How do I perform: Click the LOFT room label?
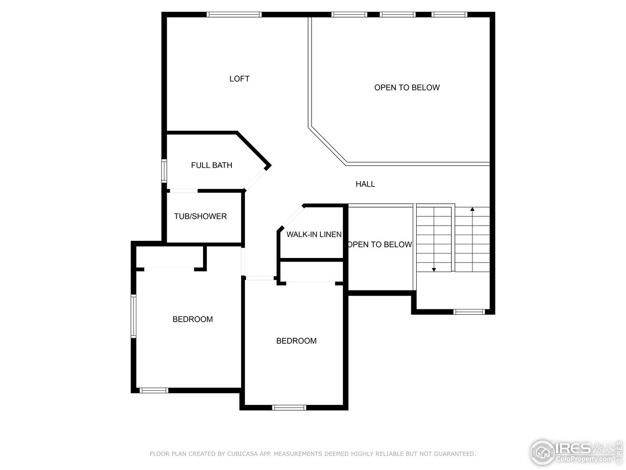[x=239, y=79]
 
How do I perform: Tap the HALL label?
[x=365, y=184]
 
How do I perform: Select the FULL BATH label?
[x=211, y=165]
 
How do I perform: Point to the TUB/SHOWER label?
[x=200, y=216]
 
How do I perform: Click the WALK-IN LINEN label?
[x=313, y=235]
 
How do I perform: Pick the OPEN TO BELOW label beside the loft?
[x=406, y=88]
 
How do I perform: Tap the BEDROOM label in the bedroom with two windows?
[x=192, y=319]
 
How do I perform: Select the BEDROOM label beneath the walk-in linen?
[x=296, y=341]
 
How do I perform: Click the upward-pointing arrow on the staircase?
[x=472, y=210]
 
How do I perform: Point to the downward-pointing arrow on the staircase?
[x=434, y=269]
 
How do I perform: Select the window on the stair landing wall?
[x=469, y=311]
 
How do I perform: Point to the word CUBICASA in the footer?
[x=242, y=454]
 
